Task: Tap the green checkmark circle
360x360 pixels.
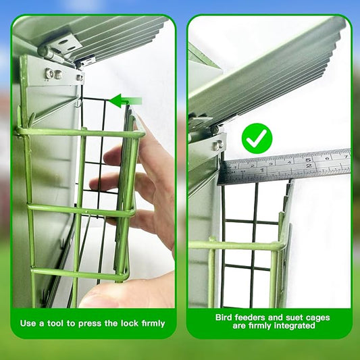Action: tap(257, 138)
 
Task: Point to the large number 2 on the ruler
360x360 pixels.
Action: tap(308, 166)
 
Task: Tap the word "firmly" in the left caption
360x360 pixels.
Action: tap(150, 324)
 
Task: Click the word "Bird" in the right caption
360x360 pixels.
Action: tap(226, 316)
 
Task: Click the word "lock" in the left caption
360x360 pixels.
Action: tap(124, 324)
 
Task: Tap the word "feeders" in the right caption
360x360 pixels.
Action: tap(257, 316)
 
